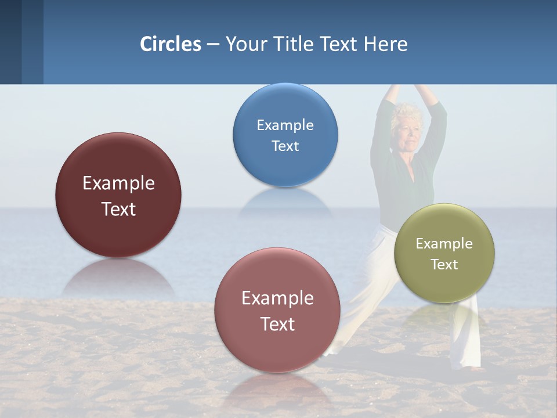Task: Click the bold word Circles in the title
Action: [171, 44]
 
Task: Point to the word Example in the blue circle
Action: [285, 125]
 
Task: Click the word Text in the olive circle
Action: [444, 265]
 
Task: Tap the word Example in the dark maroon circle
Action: [118, 183]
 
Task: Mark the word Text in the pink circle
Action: [277, 324]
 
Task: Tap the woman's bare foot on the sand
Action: [477, 368]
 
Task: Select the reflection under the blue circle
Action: [285, 200]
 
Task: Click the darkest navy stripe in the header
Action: [10, 42]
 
